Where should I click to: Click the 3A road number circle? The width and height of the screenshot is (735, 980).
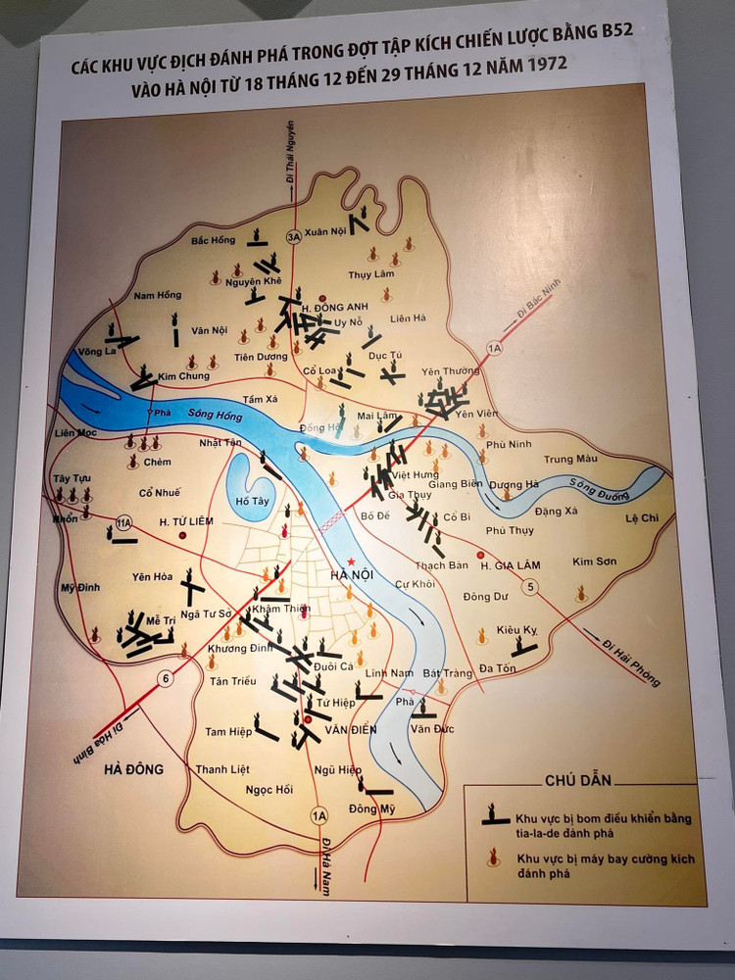point(292,237)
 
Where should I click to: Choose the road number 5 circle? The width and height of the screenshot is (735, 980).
point(531,587)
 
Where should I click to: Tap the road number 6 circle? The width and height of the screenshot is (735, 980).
point(167,678)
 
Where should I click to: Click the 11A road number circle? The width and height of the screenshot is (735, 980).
point(123,523)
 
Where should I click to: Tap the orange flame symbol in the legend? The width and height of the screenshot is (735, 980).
point(493,859)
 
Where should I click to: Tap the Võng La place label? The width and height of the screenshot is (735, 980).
point(98,350)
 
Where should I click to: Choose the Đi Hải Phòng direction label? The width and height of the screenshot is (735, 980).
point(631,661)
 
